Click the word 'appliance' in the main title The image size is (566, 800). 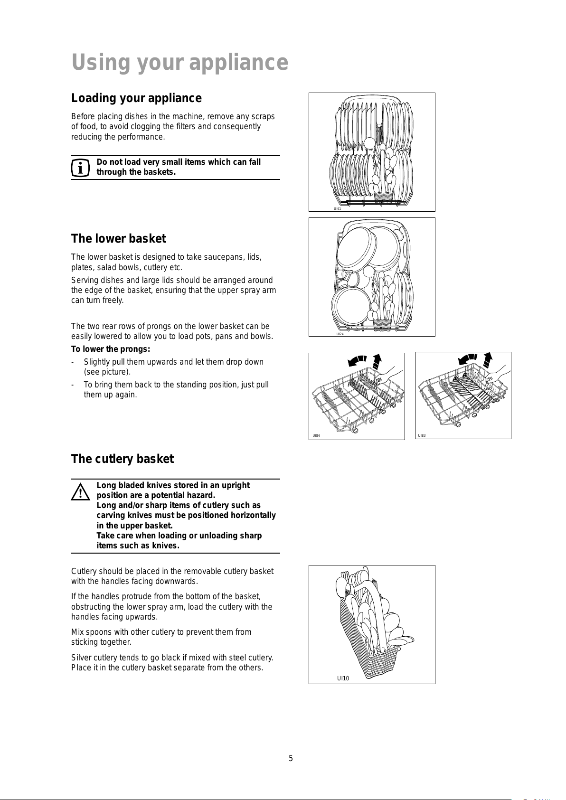pyautogui.click(x=238, y=63)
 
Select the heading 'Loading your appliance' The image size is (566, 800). pyautogui.click(x=136, y=98)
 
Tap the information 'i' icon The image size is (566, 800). pyautogui.click(x=80, y=168)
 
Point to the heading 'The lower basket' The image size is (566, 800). pyautogui.click(x=119, y=238)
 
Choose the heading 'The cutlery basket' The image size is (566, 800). pyautogui.click(x=123, y=459)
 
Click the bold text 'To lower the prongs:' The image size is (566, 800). pyautogui.click(x=111, y=349)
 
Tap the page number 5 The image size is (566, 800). pyautogui.click(x=291, y=758)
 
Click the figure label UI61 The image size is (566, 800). pyautogui.click(x=338, y=208)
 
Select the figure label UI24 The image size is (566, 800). pyautogui.click(x=340, y=334)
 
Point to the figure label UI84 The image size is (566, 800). pyautogui.click(x=316, y=435)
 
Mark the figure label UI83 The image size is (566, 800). pyautogui.click(x=422, y=435)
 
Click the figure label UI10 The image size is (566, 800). pyautogui.click(x=343, y=678)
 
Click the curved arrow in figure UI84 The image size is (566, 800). pyautogui.click(x=357, y=361)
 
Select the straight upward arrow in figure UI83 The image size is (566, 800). pyautogui.click(x=488, y=359)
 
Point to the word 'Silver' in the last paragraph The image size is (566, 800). pyautogui.click(x=81, y=658)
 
